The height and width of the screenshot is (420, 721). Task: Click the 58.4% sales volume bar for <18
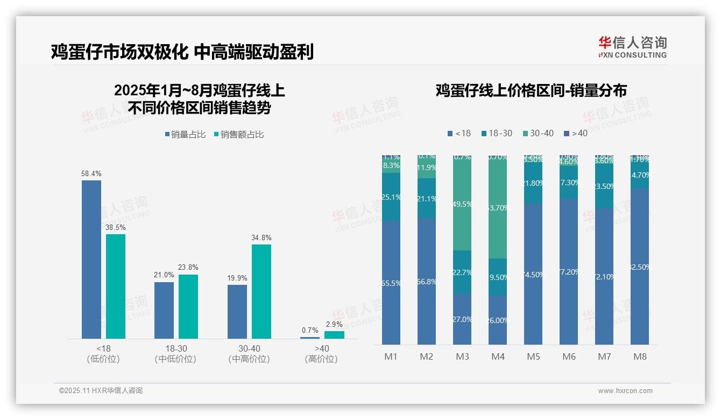91,259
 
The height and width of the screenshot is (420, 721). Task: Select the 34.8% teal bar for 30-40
261,291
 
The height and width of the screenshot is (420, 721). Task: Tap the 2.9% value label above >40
334,324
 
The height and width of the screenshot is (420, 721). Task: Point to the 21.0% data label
164,275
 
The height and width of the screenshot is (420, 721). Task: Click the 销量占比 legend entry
185,135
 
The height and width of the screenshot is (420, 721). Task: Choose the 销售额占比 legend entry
239,135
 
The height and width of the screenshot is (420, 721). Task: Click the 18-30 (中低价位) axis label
175,354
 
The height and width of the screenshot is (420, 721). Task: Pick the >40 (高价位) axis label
321,354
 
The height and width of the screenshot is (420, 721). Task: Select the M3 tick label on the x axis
462,356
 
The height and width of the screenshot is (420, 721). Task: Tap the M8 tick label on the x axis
640,356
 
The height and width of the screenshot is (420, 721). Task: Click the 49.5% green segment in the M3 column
462,204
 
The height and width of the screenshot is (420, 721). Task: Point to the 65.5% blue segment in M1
391,283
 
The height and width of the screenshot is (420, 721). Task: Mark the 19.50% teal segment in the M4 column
498,277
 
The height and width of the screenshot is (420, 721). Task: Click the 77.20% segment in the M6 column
569,272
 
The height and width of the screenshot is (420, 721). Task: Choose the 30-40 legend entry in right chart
538,133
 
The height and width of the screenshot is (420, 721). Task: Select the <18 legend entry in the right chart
459,133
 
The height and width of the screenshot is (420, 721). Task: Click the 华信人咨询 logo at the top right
632,47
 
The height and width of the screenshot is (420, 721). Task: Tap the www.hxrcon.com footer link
625,391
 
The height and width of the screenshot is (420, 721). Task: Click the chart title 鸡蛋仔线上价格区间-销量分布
531,90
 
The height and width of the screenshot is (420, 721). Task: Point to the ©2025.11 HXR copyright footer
101,391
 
